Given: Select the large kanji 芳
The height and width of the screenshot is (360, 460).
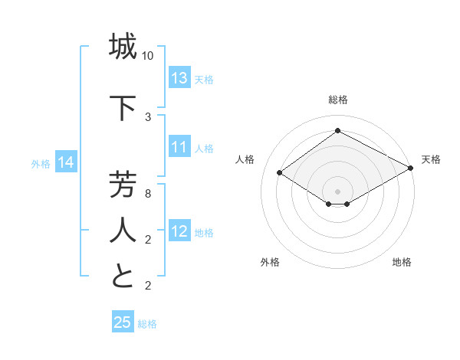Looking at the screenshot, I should coord(123,187).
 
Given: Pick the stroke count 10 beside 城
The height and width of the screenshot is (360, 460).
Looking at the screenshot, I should coord(148,56).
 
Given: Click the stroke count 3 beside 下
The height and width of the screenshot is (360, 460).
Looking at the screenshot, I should coord(148,116).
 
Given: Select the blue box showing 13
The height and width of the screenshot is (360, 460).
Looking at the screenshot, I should coord(179,78).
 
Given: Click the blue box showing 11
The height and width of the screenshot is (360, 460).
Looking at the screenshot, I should coord(179,147).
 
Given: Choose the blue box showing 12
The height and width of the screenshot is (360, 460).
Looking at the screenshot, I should coord(179,231).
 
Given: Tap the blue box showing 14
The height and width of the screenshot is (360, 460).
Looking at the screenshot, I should coord(65,162).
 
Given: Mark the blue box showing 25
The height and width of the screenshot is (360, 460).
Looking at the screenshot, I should coord(123,322).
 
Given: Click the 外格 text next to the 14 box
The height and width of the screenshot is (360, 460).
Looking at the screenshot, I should coord(41,163).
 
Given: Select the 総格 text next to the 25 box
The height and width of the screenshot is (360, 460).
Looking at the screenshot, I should coord(147,323).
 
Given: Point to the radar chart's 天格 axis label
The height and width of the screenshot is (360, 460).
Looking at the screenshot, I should coord(431,159).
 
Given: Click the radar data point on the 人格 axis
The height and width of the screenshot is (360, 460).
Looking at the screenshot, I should coord(280,173).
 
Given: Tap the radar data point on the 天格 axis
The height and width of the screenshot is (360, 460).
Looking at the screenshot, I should coord(411,168).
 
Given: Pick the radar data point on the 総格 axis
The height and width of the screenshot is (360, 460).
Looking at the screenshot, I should coord(337,131).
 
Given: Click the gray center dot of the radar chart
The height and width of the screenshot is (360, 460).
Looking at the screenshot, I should coord(337,190).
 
